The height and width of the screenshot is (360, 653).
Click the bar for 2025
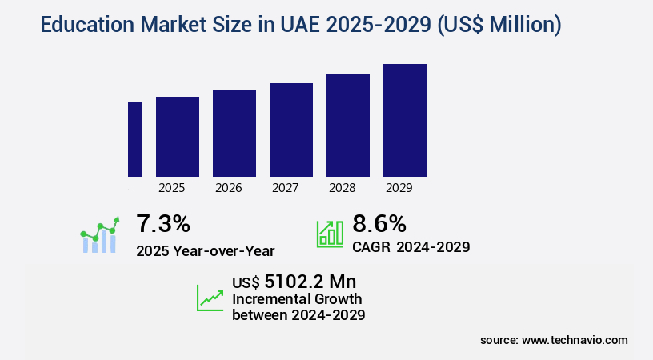coord(178,137)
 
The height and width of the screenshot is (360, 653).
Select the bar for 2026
coord(234,134)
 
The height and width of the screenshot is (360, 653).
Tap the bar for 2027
coord(291,130)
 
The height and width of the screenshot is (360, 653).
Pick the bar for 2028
coord(348,126)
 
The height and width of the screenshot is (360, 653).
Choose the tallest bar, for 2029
coord(405,120)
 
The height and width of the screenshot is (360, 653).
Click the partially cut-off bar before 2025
coord(135,139)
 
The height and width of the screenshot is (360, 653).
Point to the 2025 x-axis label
coord(172,189)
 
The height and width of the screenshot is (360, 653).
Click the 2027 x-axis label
coord(286,189)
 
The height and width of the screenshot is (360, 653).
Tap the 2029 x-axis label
coord(399,189)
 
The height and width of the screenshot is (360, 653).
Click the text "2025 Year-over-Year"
coord(206,250)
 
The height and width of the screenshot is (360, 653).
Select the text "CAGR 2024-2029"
coord(411,246)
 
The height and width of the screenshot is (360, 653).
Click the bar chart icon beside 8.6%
coord(330,233)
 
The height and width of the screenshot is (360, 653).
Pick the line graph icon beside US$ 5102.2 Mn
coord(210,298)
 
